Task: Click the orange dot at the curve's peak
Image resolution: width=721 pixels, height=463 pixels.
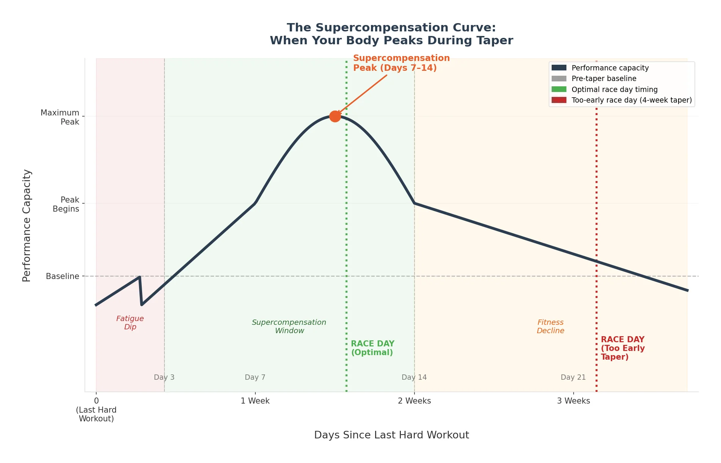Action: coord(335,116)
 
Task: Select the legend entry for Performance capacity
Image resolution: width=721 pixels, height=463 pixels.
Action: coord(610,68)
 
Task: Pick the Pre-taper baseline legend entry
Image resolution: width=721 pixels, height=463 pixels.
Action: coord(604,78)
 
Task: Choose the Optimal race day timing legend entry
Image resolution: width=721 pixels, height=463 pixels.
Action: coord(614,89)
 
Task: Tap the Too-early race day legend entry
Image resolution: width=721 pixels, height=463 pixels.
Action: coord(631,100)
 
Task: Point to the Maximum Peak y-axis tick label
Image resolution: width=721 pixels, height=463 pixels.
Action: coord(60,117)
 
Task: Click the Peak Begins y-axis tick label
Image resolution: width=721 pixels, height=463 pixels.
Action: coord(66,204)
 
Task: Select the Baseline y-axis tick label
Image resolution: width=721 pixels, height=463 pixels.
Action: coord(63,276)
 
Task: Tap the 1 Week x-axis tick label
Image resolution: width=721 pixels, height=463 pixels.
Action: coord(255,401)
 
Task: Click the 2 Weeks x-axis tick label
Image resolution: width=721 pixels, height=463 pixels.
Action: coord(414,401)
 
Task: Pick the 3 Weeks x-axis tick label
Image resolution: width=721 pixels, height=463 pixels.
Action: coord(573,401)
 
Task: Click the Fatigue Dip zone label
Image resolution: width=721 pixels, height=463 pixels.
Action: coord(130,323)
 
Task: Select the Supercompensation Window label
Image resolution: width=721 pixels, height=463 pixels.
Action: coord(289,326)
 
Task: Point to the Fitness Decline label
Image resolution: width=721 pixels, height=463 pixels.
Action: coord(551,326)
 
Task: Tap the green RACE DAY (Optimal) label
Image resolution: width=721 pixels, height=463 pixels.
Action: coord(372,348)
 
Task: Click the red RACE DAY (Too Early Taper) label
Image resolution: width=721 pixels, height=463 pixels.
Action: coord(622,348)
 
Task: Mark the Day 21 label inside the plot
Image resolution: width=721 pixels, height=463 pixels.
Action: coord(573,377)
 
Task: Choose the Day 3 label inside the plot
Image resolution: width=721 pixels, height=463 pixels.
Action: coord(164,377)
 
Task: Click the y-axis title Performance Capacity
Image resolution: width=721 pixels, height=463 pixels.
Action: coord(27,226)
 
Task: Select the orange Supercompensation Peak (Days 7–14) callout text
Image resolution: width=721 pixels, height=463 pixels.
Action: coord(401,63)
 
